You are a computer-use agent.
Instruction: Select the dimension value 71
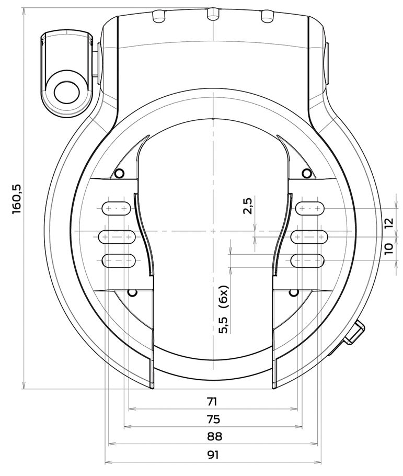click(212, 401)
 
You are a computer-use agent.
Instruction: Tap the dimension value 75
click(213, 419)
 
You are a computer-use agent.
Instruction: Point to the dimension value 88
click(213, 437)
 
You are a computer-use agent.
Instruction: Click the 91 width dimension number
click(212, 455)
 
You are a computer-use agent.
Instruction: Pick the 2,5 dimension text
click(248, 205)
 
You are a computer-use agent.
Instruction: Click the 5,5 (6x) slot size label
click(224, 310)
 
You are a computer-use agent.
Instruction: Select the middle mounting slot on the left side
click(117, 237)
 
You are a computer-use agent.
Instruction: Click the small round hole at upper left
click(119, 173)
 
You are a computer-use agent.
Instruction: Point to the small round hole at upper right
click(307, 173)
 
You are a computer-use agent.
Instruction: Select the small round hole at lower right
click(294, 292)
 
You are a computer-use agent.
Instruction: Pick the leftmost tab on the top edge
click(158, 16)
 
